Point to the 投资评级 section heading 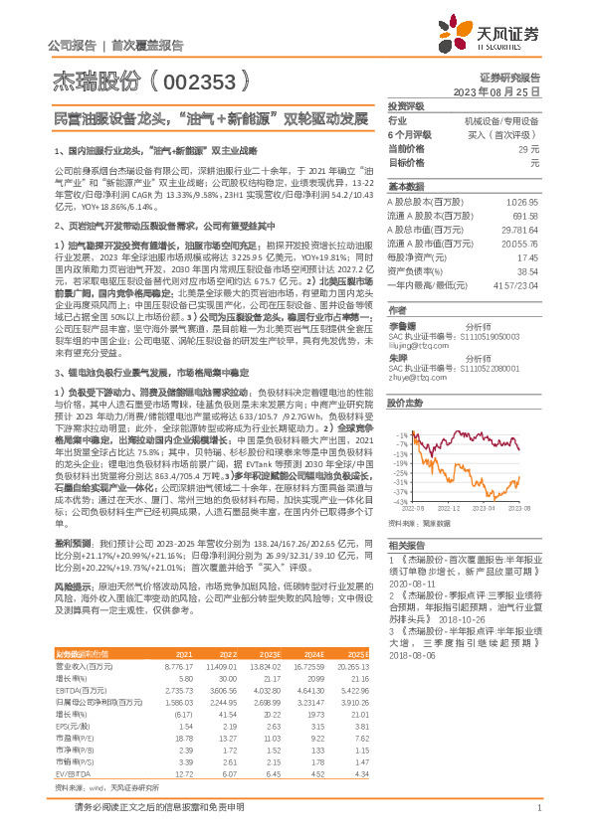point(405,105)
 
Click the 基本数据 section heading point(405,187)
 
